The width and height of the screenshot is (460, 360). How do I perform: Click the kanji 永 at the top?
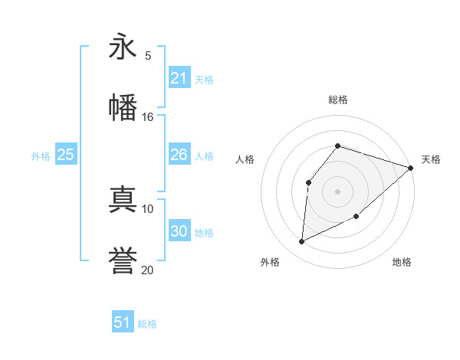click(123, 47)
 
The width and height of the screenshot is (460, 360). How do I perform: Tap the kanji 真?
click(123, 200)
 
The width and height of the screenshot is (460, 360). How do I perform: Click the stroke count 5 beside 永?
click(148, 55)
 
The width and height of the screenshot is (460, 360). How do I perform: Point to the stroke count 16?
click(147, 116)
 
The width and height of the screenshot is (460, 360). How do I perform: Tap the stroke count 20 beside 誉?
click(147, 270)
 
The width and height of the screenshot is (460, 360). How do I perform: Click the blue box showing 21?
click(179, 78)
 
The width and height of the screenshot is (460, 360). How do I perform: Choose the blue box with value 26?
click(179, 155)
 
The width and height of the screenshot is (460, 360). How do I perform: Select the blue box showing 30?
click(179, 231)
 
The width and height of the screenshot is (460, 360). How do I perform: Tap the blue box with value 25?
click(65, 155)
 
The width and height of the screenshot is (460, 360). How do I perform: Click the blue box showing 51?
click(122, 322)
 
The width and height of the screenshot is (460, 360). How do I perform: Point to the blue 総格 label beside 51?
click(147, 324)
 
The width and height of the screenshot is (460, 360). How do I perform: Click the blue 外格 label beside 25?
click(41, 156)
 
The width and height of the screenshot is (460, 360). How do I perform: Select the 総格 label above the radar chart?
click(337, 100)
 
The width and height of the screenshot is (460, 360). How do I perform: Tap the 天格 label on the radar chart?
click(431, 159)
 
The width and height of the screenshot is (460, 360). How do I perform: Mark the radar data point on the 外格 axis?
click(302, 242)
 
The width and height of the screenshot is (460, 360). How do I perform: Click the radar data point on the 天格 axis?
click(411, 168)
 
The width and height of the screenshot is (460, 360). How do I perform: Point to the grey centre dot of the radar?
click(337, 191)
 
